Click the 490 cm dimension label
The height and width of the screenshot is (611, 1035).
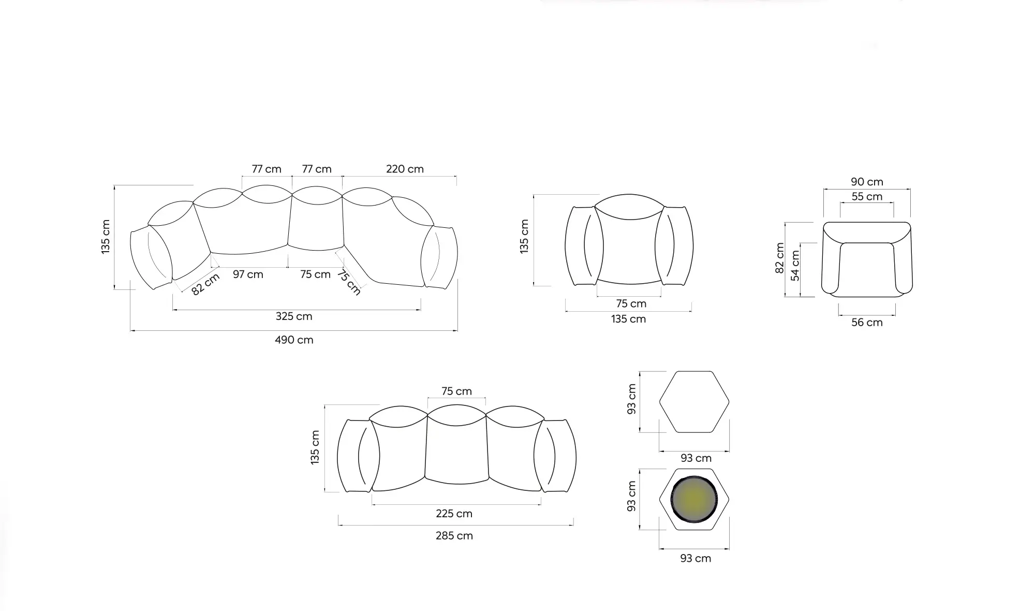(294, 340)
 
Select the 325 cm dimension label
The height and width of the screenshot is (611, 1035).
(294, 316)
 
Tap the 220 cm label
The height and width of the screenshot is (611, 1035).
(405, 169)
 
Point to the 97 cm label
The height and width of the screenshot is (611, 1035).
(248, 274)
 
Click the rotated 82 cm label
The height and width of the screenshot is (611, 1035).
(205, 284)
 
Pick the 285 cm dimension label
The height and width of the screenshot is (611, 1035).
(454, 536)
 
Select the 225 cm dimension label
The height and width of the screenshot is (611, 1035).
(454, 514)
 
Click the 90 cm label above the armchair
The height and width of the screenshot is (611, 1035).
(867, 182)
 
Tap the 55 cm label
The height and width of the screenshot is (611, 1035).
(867, 197)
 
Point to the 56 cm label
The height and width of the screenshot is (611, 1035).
(867, 323)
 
